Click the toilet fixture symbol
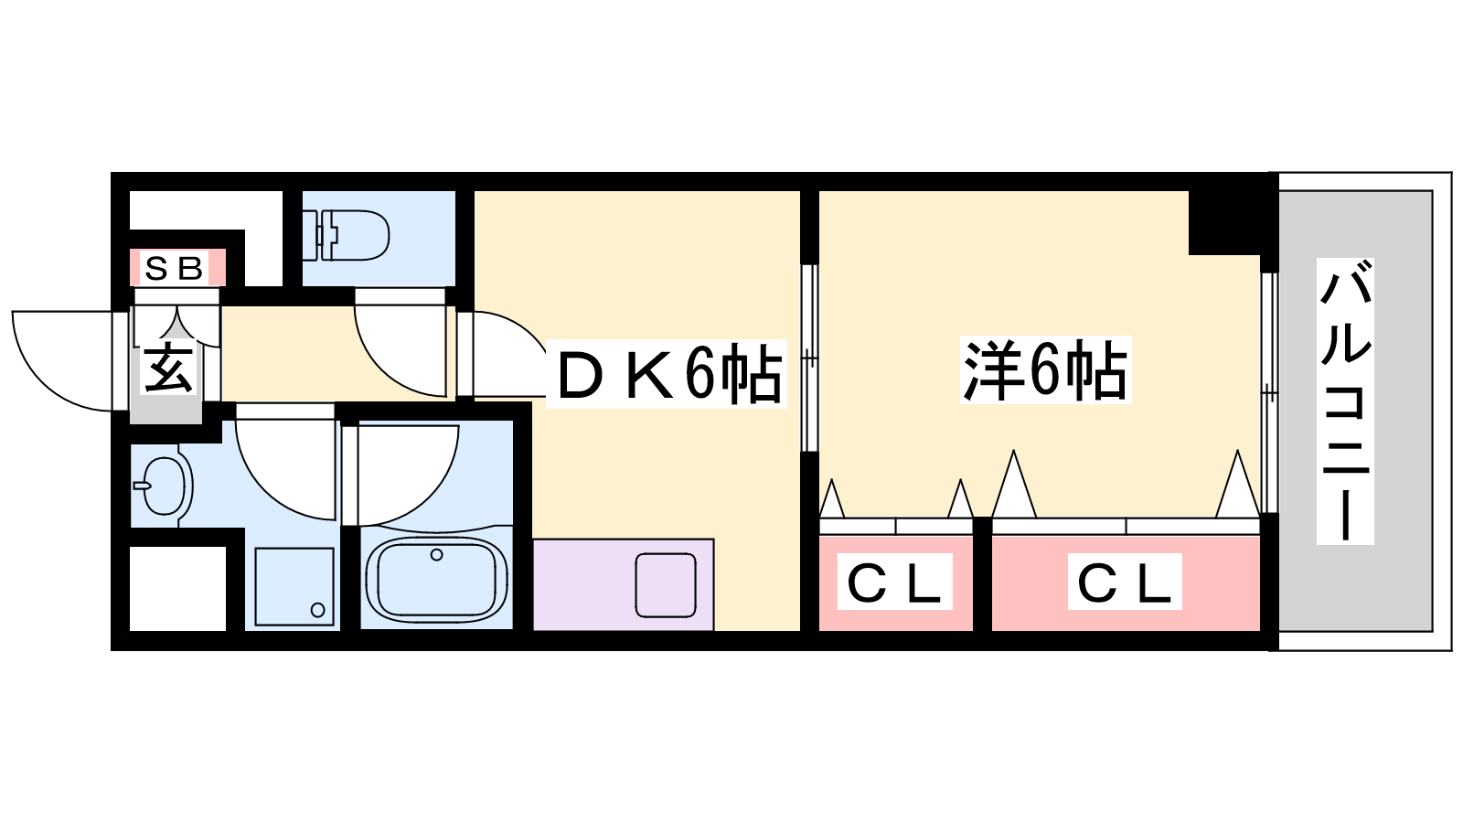click(x=353, y=235)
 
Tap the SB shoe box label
click(x=175, y=269)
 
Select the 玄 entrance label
click(x=168, y=369)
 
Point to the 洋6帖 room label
click(x=1045, y=370)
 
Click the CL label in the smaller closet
click(x=894, y=583)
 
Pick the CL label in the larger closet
click(x=1124, y=583)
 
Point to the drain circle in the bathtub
click(x=437, y=554)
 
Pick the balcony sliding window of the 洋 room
click(x=1268, y=393)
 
